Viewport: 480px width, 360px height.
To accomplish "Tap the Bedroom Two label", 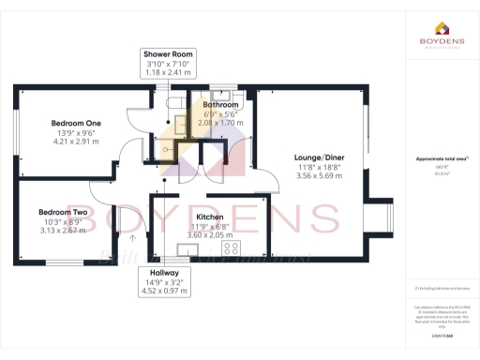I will [63, 213].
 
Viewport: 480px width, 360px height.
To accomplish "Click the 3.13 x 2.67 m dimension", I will [63, 231].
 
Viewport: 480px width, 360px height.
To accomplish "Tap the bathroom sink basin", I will [223, 95].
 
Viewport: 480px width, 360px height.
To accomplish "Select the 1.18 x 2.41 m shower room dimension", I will [168, 73].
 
